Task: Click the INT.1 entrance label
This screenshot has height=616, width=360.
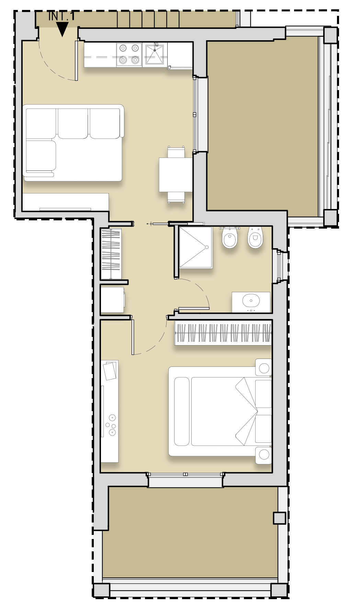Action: click(x=61, y=16)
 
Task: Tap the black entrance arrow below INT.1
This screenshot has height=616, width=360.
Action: click(x=62, y=29)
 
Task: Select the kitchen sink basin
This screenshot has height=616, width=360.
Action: click(x=154, y=54)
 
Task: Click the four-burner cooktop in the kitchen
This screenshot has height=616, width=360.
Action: click(x=129, y=54)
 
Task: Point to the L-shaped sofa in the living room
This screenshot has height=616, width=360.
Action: click(x=73, y=143)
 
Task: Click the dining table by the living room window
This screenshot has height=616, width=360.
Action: click(x=176, y=175)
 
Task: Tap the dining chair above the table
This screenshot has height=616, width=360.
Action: click(x=176, y=152)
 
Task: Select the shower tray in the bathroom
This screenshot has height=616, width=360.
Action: click(x=195, y=247)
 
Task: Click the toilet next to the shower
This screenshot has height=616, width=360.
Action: click(x=229, y=238)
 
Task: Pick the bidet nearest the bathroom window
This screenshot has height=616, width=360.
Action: click(x=255, y=238)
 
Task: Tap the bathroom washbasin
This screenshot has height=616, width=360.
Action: click(x=251, y=302)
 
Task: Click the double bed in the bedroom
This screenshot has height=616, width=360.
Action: click(x=220, y=411)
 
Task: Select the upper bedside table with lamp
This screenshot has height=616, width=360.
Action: click(x=263, y=367)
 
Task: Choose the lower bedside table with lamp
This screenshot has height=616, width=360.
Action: click(x=263, y=455)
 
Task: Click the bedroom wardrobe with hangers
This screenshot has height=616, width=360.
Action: click(x=223, y=333)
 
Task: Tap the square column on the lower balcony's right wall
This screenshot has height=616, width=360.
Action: click(x=279, y=518)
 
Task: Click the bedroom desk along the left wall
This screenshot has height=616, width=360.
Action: click(x=110, y=411)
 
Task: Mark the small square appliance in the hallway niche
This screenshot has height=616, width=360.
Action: click(x=113, y=300)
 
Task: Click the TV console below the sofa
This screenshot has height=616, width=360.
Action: click(x=66, y=202)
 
